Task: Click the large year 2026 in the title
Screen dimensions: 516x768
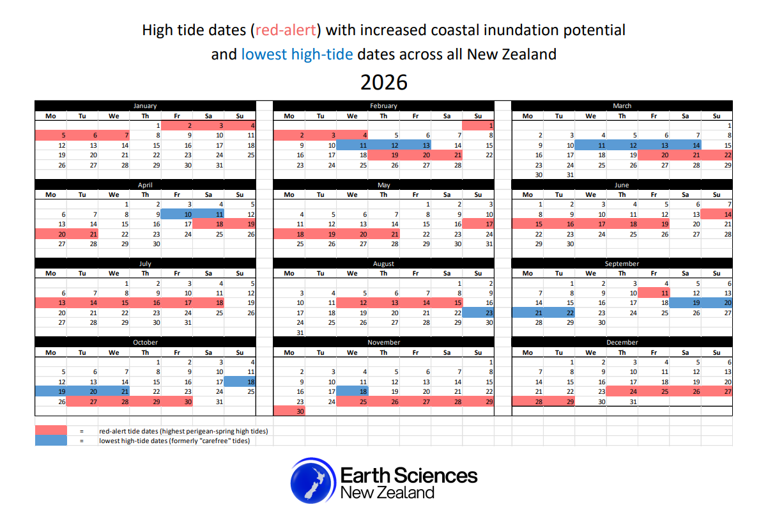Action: [x=383, y=82]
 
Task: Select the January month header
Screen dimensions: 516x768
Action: [x=145, y=106]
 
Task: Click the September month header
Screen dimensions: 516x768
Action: [x=622, y=263]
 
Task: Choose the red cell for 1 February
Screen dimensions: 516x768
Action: [x=479, y=125]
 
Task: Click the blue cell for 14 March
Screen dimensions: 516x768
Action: [x=685, y=145]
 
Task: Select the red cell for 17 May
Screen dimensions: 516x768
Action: [x=479, y=224]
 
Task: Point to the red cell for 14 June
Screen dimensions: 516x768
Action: [x=717, y=214]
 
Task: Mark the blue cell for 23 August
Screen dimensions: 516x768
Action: [x=479, y=313]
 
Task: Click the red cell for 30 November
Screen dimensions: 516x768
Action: [x=289, y=412]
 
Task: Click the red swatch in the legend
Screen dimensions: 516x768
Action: [x=50, y=431]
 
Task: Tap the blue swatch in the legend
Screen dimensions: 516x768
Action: [x=50, y=441]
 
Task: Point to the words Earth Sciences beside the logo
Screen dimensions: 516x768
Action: [x=408, y=475]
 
